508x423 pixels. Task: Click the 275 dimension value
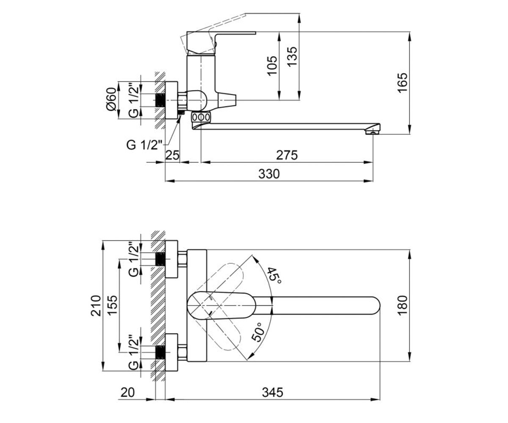point(287,155)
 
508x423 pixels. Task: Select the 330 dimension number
point(269,174)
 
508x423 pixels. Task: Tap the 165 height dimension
point(403,82)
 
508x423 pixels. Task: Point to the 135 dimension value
point(292,56)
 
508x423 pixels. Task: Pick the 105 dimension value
point(272,66)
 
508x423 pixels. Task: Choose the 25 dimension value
point(172,155)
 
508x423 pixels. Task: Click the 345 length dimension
point(273,393)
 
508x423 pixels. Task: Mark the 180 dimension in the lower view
point(403,305)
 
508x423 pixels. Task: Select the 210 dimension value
point(96,305)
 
